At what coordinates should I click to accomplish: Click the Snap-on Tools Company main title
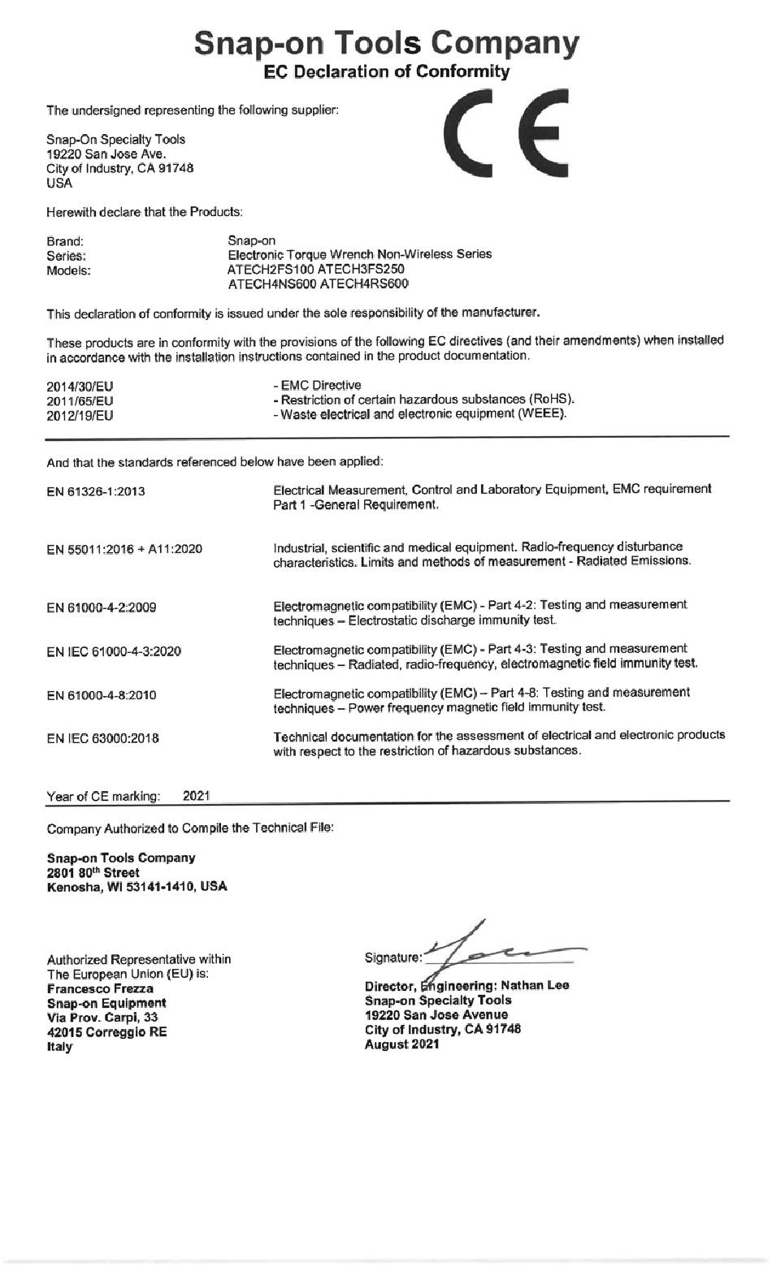coord(387,42)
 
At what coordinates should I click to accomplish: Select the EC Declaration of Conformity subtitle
coord(387,72)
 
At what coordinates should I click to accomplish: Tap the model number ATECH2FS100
coord(271,269)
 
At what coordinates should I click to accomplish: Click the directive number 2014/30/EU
coord(80,387)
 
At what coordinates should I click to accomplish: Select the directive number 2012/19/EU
coord(80,416)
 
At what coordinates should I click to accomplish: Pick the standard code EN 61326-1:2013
coord(96,491)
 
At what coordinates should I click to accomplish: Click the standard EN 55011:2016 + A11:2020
coord(124,549)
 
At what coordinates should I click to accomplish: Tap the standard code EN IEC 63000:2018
coord(102,738)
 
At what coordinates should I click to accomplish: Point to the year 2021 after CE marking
coord(197,796)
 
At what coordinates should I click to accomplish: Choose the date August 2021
coord(402,1044)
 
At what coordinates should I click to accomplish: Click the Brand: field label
coord(65,241)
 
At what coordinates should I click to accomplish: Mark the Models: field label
coord(68,270)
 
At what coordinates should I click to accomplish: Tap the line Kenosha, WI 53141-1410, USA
coord(137,887)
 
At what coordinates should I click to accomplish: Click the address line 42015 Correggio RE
coord(107,1032)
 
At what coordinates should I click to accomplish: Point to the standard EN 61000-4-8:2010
coord(102,695)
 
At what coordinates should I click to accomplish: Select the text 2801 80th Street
coord(93,872)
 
